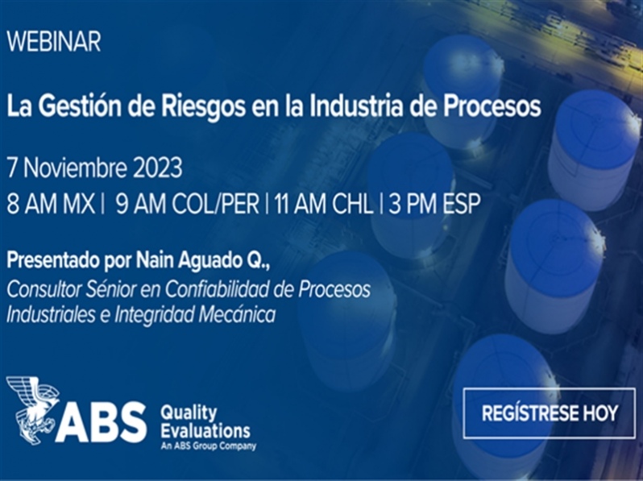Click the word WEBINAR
click(x=54, y=41)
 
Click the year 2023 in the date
click(x=156, y=168)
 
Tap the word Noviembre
click(x=75, y=168)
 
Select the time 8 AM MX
click(x=51, y=204)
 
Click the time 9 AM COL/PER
click(x=188, y=204)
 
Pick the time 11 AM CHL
click(x=324, y=204)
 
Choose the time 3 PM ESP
click(x=434, y=204)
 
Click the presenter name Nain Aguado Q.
click(x=201, y=261)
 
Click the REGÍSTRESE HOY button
click(x=550, y=413)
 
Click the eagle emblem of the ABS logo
click(x=33, y=410)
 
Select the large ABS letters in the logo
click(x=102, y=422)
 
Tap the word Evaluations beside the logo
click(x=205, y=431)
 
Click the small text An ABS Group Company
click(x=209, y=446)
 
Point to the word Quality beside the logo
click(x=189, y=413)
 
